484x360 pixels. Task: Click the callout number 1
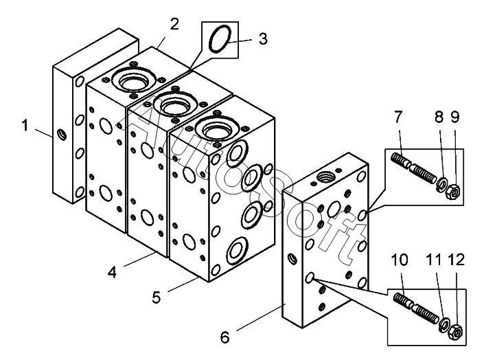click(x=25, y=126)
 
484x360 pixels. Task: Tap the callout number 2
click(x=174, y=24)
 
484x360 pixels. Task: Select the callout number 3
click(x=263, y=39)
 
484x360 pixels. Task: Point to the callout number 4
click(x=113, y=272)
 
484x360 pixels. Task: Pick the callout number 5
click(x=157, y=297)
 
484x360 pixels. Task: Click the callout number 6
click(x=224, y=337)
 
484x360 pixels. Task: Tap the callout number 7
click(x=398, y=117)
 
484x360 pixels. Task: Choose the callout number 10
click(x=400, y=260)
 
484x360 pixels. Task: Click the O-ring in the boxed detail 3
click(x=220, y=40)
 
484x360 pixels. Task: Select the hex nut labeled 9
click(x=453, y=192)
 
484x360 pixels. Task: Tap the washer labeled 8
click(x=441, y=185)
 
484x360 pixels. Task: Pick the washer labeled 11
click(x=445, y=323)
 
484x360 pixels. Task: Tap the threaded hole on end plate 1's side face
click(x=62, y=134)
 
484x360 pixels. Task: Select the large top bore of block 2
click(x=134, y=80)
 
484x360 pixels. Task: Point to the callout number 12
click(x=457, y=260)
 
